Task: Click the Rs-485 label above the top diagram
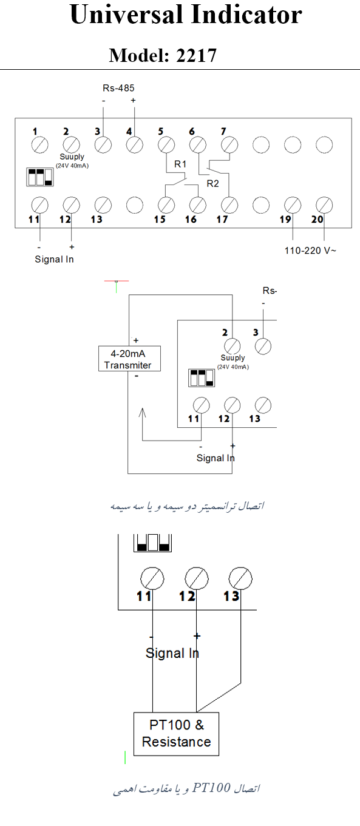[x=118, y=88]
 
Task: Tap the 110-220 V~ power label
[x=310, y=251]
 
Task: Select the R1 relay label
[x=180, y=164]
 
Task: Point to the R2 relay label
[x=213, y=183]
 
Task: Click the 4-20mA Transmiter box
[x=129, y=359]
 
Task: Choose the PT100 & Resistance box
[x=176, y=734]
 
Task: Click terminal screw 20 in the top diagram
[x=324, y=205]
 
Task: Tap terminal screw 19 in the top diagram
[x=293, y=205]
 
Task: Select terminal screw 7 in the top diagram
[x=229, y=144]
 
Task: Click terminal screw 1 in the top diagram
[x=40, y=144]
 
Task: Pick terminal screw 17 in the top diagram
[x=229, y=205]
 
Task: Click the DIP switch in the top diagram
[x=40, y=177]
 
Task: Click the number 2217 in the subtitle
[x=196, y=55]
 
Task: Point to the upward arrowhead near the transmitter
[x=143, y=413]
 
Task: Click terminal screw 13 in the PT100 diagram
[x=240, y=578]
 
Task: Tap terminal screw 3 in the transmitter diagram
[x=263, y=347]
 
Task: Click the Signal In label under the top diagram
[x=54, y=259]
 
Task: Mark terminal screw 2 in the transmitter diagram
[x=232, y=347]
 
